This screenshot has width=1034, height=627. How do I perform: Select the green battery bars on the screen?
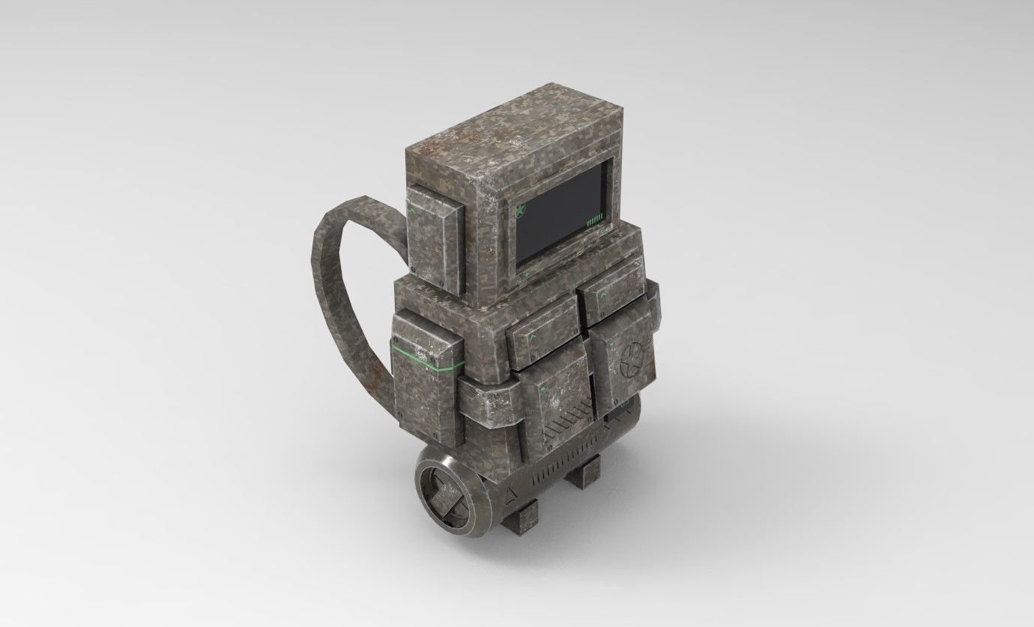point(594,219)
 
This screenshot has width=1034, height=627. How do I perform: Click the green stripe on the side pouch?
point(423,357)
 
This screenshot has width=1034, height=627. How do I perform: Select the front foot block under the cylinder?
point(521,516)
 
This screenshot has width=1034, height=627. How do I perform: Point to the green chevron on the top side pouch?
point(413,211)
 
